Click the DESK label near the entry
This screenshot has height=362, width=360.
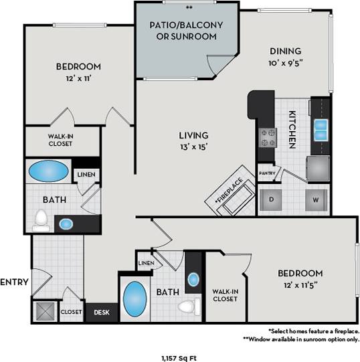[102, 312]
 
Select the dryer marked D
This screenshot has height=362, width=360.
[272, 199]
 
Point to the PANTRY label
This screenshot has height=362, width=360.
[266, 173]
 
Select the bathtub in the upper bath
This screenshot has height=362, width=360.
[48, 171]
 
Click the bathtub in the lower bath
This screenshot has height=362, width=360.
[136, 296]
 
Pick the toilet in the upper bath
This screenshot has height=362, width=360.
[41, 219]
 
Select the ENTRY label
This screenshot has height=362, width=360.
[14, 282]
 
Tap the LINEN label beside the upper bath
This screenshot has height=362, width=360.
[86, 175]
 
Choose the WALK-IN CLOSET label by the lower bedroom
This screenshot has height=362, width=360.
[224, 295]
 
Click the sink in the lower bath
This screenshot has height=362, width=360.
[193, 279]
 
